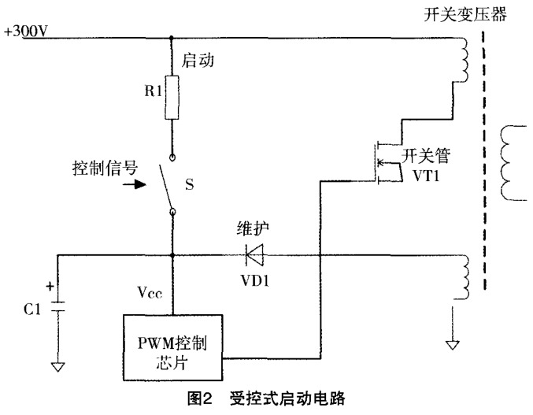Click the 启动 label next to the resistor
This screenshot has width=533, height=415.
pyautogui.click(x=197, y=59)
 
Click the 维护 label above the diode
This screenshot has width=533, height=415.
pyautogui.click(x=253, y=230)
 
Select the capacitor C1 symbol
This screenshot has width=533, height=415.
pyautogui.click(x=57, y=308)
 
